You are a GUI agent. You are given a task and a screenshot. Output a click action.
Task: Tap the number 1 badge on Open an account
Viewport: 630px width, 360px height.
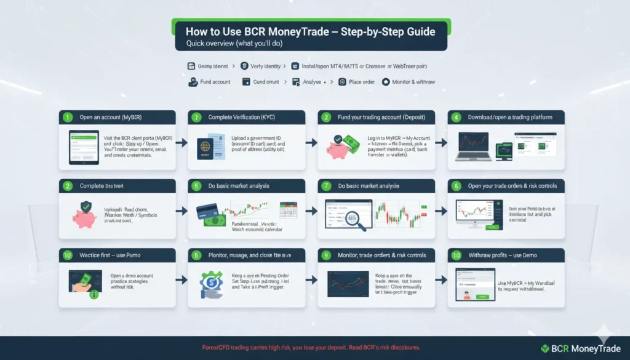pyautogui.click(x=66, y=117)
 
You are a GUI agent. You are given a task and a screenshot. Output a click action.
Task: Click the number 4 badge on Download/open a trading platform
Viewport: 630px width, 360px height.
pyautogui.click(x=456, y=117)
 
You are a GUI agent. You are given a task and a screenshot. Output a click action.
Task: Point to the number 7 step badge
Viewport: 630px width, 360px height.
pyautogui.click(x=326, y=186)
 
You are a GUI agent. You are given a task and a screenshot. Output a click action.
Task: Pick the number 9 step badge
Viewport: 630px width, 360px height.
pyautogui.click(x=326, y=255)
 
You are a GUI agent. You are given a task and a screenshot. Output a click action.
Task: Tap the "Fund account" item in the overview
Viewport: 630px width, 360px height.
pyautogui.click(x=209, y=82)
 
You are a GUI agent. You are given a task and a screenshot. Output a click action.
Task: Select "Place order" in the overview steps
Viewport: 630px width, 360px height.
pyautogui.click(x=358, y=82)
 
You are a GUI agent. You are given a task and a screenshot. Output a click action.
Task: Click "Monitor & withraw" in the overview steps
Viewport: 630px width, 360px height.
pyautogui.click(x=409, y=82)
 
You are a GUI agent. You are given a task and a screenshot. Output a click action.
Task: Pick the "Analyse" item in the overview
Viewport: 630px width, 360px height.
pyautogui.click(x=307, y=82)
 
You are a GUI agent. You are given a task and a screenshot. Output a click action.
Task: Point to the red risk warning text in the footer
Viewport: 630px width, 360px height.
pyautogui.click(x=311, y=348)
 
